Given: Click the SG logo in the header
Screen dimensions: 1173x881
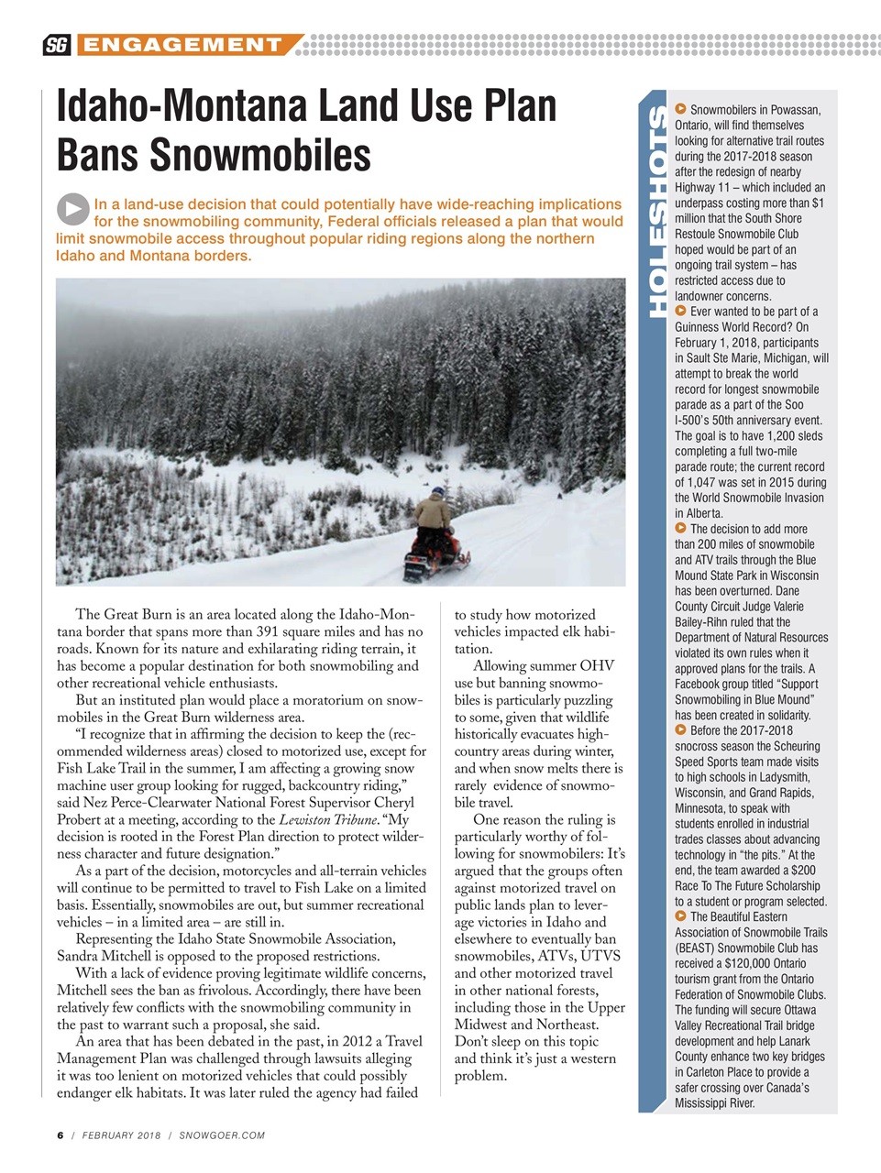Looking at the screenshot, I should tap(57, 45).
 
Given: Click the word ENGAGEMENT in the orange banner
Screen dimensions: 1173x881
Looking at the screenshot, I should tap(180, 45).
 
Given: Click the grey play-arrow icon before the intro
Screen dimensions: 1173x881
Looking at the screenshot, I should tap(72, 209).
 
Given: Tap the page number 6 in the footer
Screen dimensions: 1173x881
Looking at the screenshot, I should tap(61, 1135).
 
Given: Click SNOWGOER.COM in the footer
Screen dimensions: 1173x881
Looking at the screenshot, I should tap(222, 1135).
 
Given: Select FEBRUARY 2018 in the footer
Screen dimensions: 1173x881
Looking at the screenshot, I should tap(121, 1135).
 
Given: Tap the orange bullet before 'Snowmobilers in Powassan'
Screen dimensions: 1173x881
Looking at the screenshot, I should tap(680, 109).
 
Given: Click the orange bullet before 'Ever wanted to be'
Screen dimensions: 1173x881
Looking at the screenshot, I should tap(680, 311).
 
